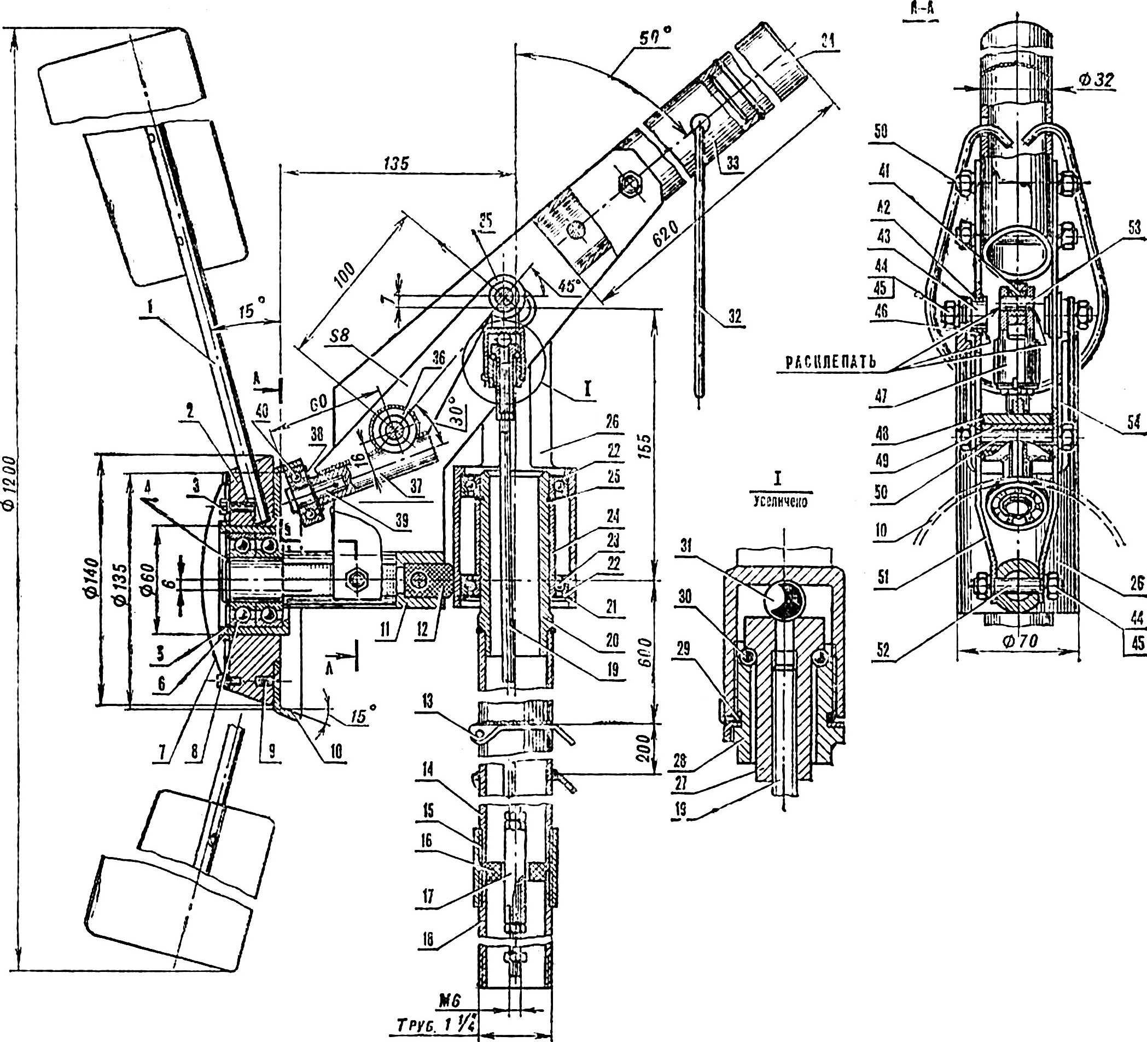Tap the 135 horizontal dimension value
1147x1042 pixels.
coord(396,164)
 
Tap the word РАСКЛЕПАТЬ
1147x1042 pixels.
coord(831,362)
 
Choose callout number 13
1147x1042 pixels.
coord(427,702)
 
